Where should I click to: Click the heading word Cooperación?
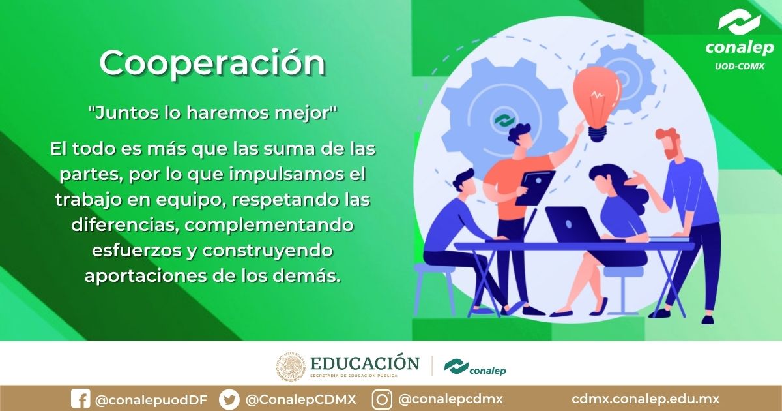pyautogui.click(x=212, y=63)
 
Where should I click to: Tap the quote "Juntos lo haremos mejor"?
pyautogui.click(x=212, y=112)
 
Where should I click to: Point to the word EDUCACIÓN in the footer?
pyautogui.click(x=365, y=363)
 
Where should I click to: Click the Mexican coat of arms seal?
pyautogui.click(x=291, y=367)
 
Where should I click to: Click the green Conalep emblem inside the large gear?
pyautogui.click(x=502, y=121)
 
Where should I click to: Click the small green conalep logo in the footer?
pyautogui.click(x=474, y=367)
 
